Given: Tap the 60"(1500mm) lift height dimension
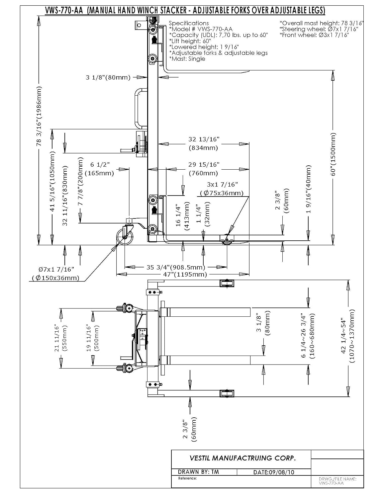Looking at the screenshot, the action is coord(333,154).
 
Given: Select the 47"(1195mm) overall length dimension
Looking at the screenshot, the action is coord(185,274).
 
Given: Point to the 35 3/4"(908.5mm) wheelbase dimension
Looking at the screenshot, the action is coord(176,267).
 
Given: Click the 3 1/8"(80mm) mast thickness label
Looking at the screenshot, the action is coord(108,77).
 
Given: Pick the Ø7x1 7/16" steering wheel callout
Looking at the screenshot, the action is coord(56,274).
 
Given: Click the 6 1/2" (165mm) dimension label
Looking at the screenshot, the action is coord(100,169).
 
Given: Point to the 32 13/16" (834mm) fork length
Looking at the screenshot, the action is coord(204,143).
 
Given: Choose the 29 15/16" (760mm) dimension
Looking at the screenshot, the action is coord(204,169).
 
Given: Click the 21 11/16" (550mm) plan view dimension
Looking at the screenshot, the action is coord(60,338).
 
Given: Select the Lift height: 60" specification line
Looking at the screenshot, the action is coord(190,41).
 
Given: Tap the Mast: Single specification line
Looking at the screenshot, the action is coord(187,59).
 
